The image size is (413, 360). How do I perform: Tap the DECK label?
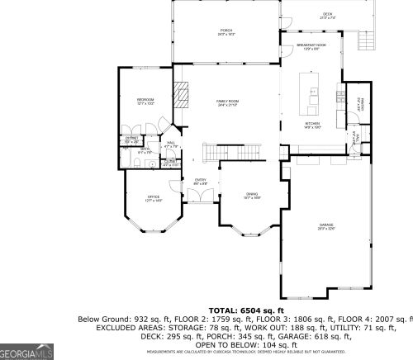pos(327,14)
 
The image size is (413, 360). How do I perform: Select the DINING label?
pos(252,195)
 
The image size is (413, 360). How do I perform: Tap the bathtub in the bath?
pos(131,163)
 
